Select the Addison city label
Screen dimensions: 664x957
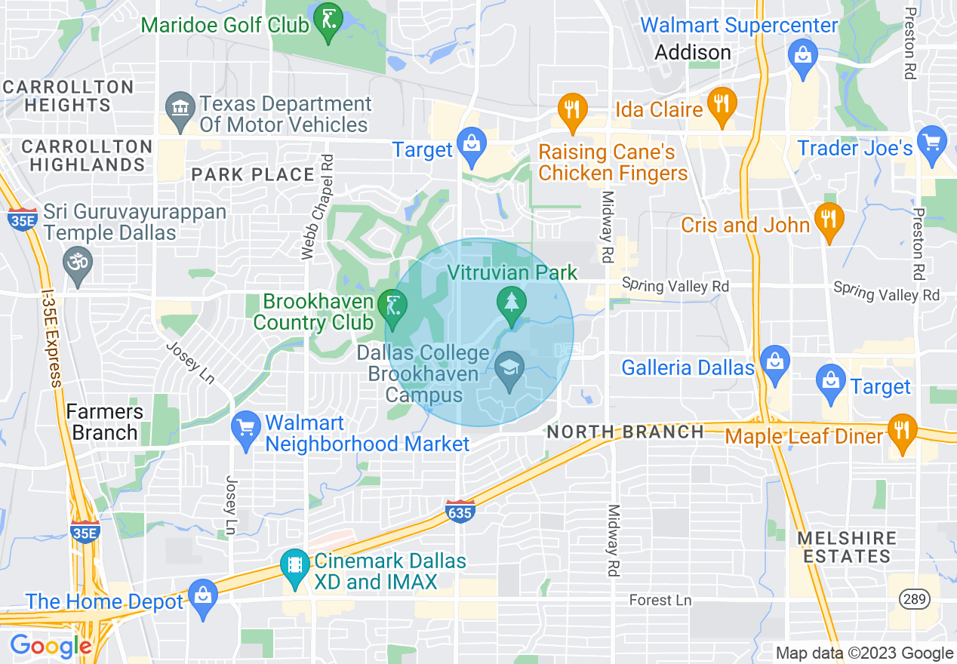pyautogui.click(x=692, y=53)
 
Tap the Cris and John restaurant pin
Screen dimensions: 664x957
pyautogui.click(x=829, y=221)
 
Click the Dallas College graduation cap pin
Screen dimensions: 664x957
pyautogui.click(x=510, y=370)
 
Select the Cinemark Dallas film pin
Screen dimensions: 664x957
pyautogui.click(x=293, y=566)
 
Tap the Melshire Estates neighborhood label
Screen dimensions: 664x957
pyautogui.click(x=847, y=547)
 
